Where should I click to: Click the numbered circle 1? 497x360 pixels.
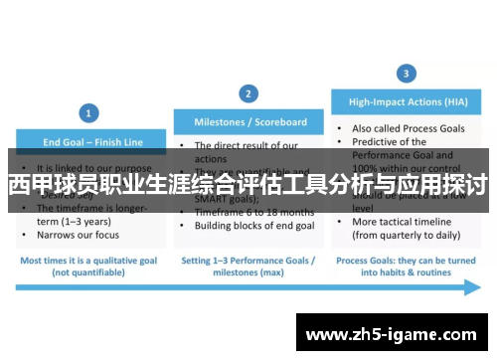pyautogui.click(x=89, y=112)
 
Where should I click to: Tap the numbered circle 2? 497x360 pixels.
pyautogui.click(x=248, y=92)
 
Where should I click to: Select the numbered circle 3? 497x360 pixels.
pyautogui.click(x=406, y=74)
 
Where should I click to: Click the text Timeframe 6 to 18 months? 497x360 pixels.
pyautogui.click(x=253, y=213)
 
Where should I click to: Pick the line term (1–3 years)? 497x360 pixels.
pyautogui.click(x=76, y=221)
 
